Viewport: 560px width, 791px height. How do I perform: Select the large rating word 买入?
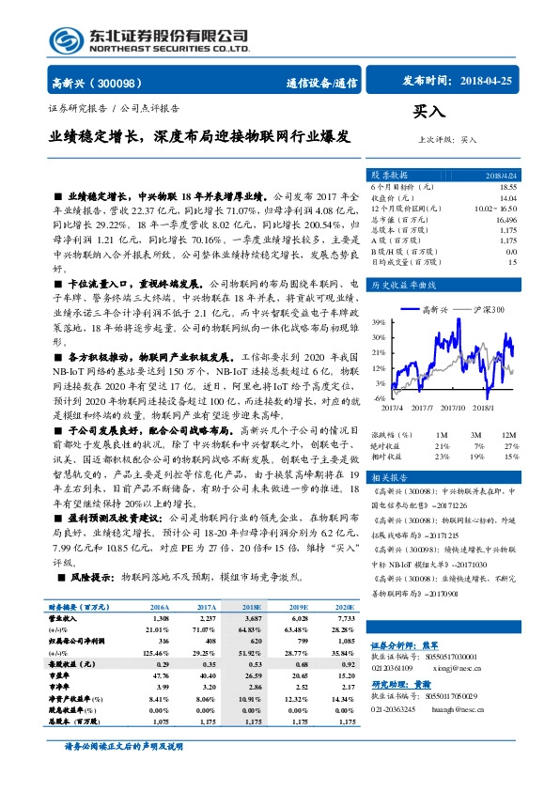pos(429,112)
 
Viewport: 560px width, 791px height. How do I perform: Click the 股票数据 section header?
pos(389,175)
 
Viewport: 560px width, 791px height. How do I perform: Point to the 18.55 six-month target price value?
pos(508,187)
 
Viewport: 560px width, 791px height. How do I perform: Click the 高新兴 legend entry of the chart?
pos(438,308)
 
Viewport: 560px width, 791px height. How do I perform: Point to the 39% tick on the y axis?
pos(378,322)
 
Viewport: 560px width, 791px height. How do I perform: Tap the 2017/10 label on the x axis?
pos(453,407)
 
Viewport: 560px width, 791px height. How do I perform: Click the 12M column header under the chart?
pos(509,435)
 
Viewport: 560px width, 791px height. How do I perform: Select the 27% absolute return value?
pos(510,445)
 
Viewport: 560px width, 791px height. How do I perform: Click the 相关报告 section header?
pos(389,478)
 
